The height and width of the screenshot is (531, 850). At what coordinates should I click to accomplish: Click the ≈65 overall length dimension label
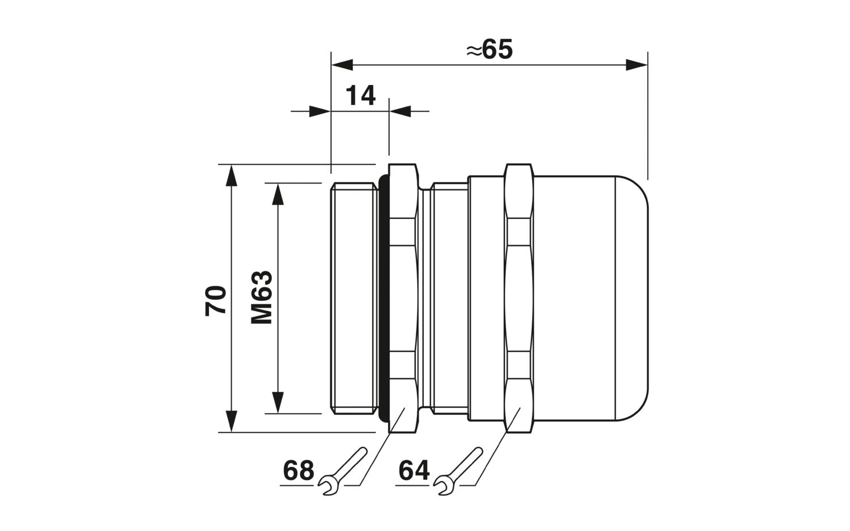click(x=490, y=49)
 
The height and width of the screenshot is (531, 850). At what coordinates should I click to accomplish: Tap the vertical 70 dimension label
click(x=215, y=300)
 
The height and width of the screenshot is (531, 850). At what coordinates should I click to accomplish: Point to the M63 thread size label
click(x=261, y=297)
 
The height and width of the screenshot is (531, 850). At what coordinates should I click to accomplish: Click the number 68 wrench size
click(x=299, y=470)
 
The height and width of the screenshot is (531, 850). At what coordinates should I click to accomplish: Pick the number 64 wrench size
click(x=414, y=470)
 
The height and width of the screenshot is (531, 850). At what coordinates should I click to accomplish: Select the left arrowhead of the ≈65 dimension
click(x=342, y=65)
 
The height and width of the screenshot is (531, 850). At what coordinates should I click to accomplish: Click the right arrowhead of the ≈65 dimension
click(x=636, y=65)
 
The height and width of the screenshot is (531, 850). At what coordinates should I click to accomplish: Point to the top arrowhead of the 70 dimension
click(x=231, y=176)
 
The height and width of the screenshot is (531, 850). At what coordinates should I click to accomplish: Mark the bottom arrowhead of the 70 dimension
click(x=231, y=421)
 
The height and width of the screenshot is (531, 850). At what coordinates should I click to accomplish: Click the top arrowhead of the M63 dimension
click(x=278, y=194)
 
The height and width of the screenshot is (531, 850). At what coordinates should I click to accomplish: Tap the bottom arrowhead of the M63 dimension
click(x=278, y=402)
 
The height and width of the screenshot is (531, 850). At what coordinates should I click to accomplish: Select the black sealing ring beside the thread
click(x=384, y=298)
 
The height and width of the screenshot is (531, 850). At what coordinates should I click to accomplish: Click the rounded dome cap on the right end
click(x=632, y=298)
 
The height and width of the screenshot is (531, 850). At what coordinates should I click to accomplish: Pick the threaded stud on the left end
click(x=355, y=298)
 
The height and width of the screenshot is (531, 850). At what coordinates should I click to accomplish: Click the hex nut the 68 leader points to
click(x=403, y=298)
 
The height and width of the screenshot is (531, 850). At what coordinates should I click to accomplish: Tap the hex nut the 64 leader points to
click(x=519, y=298)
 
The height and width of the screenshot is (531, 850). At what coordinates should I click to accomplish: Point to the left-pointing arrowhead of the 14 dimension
click(x=400, y=111)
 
